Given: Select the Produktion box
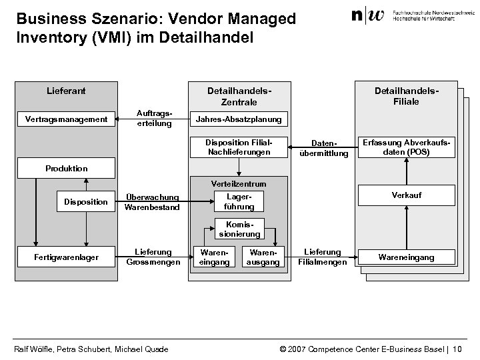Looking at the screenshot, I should click(66, 168).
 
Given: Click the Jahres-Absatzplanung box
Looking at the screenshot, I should click(238, 119).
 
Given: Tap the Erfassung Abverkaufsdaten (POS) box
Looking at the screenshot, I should click(406, 147).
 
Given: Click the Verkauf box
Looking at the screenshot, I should click(406, 195).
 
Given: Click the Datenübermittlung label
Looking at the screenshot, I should click(330, 149).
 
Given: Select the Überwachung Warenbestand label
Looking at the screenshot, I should click(153, 202).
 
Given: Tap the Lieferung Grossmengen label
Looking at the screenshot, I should click(153, 257).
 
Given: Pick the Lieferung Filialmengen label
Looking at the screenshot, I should click(322, 257).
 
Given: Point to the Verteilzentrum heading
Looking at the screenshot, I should click(239, 183).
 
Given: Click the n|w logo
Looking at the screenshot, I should click(367, 15).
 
